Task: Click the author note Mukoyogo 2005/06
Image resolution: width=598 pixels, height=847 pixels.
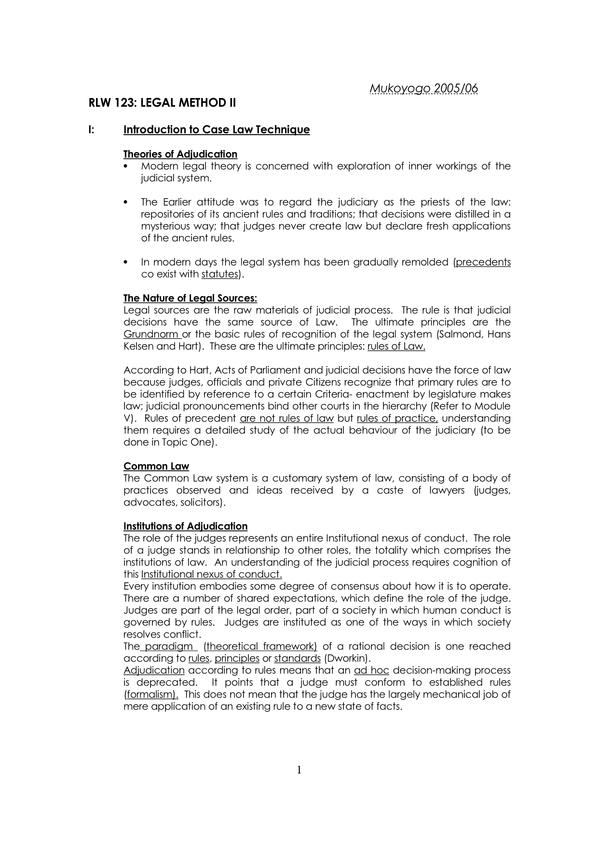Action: click(423, 89)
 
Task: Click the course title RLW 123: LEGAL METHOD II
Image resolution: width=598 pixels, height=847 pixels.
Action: click(162, 103)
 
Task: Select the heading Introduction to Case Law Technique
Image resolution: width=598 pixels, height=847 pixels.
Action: click(217, 130)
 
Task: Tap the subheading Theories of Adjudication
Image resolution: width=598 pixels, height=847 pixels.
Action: click(180, 154)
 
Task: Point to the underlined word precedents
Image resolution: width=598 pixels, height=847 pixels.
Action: click(483, 262)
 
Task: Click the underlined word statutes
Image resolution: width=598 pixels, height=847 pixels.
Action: click(220, 274)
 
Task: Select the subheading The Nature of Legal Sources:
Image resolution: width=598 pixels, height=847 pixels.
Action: click(190, 298)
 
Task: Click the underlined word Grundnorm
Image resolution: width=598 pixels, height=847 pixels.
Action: click(151, 334)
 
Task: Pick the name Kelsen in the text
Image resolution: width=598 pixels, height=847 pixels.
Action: click(138, 346)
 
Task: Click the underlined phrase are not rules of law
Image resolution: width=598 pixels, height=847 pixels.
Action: click(286, 418)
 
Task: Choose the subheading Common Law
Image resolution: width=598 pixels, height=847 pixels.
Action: click(156, 466)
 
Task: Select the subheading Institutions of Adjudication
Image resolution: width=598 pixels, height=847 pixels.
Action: click(185, 526)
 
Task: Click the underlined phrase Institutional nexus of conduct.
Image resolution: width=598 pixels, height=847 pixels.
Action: click(211, 574)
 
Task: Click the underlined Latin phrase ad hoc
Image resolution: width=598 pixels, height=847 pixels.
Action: click(371, 670)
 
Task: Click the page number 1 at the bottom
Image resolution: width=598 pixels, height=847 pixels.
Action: click(299, 770)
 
